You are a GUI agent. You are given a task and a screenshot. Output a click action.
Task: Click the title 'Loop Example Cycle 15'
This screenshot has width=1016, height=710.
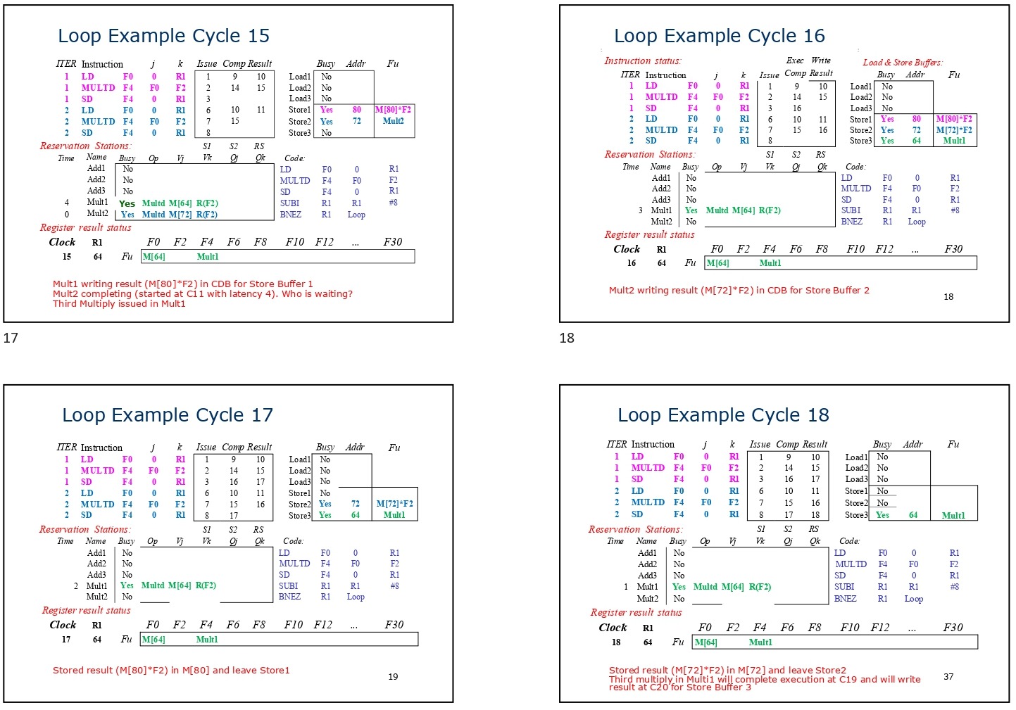point(163,36)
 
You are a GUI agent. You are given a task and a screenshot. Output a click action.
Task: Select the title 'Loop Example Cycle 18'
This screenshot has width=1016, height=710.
point(723,415)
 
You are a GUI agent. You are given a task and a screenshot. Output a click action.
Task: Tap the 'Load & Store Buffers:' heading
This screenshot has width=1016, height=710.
point(903,63)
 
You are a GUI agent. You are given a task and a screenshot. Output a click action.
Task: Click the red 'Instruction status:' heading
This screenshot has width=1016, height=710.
point(642,61)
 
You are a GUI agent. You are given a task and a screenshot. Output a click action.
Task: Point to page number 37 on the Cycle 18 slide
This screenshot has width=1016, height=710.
point(948,677)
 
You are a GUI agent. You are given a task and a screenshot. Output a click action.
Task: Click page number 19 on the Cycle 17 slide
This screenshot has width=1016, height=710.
point(393,677)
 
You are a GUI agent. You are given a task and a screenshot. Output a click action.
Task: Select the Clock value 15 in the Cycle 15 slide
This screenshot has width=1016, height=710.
point(67,257)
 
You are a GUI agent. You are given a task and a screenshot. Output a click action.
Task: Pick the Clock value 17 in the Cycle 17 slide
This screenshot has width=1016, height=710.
point(66,640)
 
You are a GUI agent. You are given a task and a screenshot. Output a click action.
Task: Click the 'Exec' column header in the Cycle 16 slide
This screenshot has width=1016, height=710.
point(795,61)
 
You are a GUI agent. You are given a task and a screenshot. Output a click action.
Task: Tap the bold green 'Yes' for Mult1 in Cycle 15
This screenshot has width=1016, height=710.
point(127,203)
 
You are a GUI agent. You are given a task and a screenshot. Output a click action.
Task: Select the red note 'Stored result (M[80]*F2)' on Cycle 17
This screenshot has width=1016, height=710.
point(171,671)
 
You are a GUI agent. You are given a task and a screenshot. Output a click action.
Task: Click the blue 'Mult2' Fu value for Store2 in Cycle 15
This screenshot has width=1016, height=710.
point(393,121)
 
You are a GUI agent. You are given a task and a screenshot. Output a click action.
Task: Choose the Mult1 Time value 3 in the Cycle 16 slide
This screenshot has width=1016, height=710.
point(640,210)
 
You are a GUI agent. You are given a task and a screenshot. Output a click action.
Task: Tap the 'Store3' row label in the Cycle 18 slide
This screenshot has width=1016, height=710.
point(856,515)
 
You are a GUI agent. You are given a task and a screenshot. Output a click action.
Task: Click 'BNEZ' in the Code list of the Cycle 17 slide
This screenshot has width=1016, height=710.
point(289,597)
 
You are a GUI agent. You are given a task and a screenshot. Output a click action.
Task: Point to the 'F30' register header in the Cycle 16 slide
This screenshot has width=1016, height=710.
point(953,249)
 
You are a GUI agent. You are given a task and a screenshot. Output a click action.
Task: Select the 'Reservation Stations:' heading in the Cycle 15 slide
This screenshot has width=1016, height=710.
point(85,146)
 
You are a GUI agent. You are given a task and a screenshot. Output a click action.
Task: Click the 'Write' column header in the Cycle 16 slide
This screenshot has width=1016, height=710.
point(821,61)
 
